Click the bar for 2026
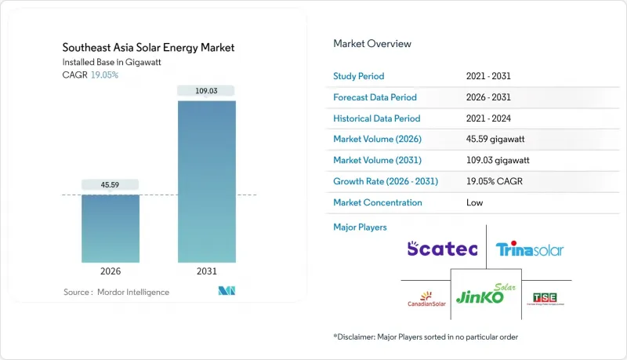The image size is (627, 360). (111, 227)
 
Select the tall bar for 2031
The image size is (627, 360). (206, 181)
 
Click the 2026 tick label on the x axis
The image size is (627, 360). (111, 271)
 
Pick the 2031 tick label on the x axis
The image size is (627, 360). (206, 271)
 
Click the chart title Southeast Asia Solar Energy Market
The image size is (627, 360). (149, 48)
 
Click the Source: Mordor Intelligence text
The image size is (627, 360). (116, 292)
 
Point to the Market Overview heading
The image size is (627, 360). (372, 43)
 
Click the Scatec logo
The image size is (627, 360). (441, 249)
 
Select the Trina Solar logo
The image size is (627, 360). (530, 250)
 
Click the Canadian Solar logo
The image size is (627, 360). (427, 299)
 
